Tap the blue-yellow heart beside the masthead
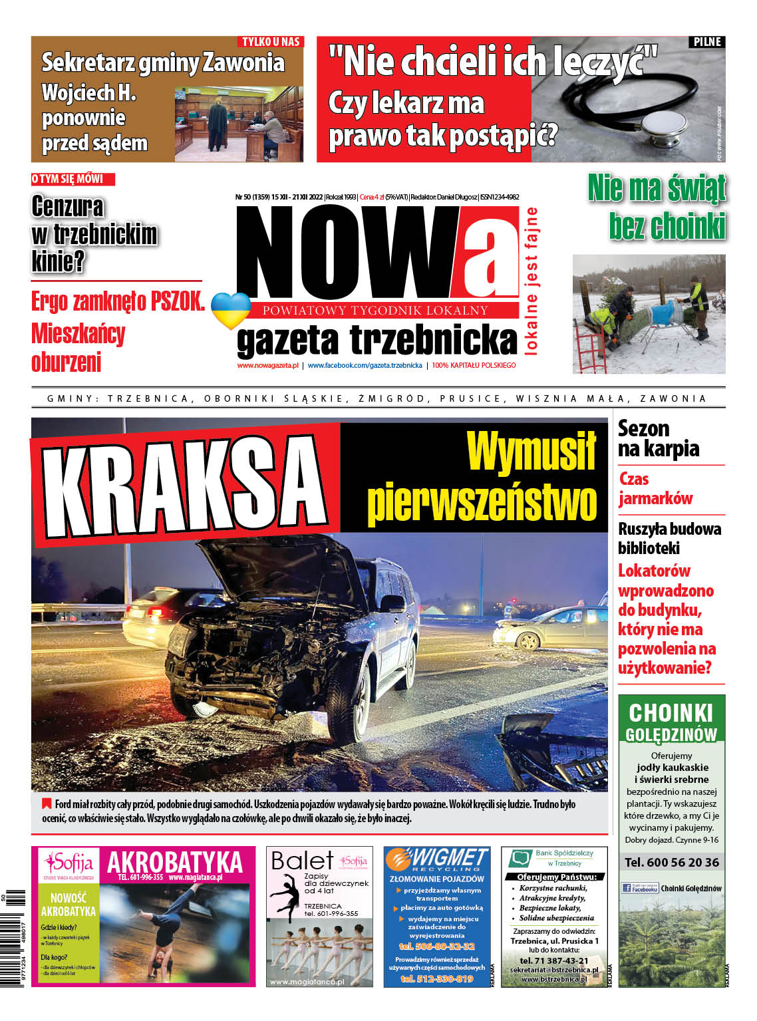click(x=230, y=310)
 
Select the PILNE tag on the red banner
click(x=707, y=42)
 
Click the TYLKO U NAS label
click(x=271, y=42)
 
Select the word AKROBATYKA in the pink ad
click(x=175, y=862)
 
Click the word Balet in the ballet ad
click(x=301, y=861)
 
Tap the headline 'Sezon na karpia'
click(x=658, y=438)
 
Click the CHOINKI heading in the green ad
click(x=671, y=713)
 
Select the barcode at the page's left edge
click(x=15, y=938)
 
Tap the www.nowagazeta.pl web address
click(x=267, y=365)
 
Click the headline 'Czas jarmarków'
click(x=655, y=488)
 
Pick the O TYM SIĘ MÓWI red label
click(x=72, y=179)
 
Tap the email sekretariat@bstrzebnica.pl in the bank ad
click(x=554, y=970)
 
